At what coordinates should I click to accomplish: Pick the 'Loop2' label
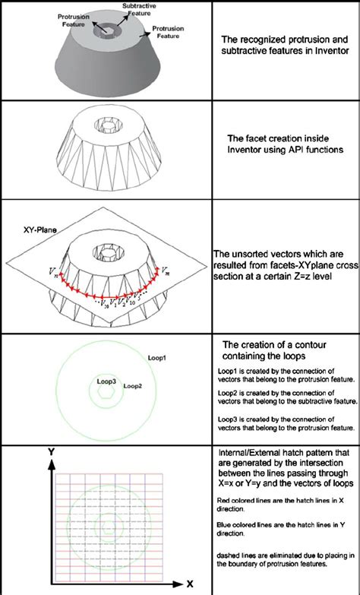[134, 385]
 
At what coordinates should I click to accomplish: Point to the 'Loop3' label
[106, 379]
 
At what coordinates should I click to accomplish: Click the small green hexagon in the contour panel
[106, 394]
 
